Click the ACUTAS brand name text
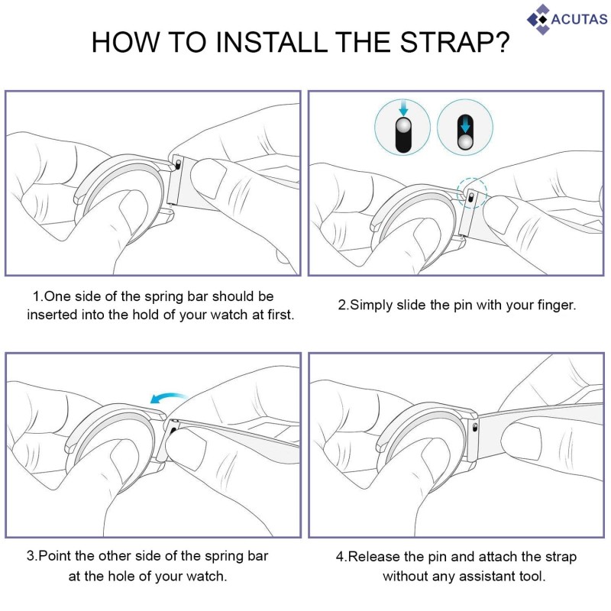point(579,19)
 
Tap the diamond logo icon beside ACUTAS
point(538,20)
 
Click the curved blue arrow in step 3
point(168,398)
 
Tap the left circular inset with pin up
point(402,128)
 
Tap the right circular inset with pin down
point(465,128)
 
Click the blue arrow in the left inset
point(403,108)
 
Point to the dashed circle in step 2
point(471,193)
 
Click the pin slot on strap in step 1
point(178,163)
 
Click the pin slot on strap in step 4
point(474,428)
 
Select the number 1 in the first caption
point(37,296)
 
